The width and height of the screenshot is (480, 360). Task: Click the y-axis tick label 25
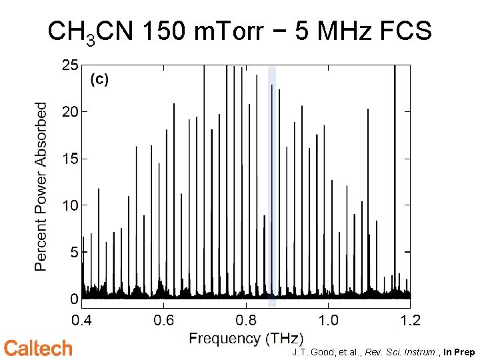coord(70,65)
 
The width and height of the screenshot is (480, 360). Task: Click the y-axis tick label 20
coord(70,112)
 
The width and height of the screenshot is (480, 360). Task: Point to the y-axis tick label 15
coord(70,159)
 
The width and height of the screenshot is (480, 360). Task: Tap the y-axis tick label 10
coord(70,205)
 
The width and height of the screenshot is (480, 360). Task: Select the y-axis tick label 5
coord(74,252)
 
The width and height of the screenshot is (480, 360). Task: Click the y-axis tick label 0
coord(74,299)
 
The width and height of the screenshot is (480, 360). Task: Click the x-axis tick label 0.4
coord(82,321)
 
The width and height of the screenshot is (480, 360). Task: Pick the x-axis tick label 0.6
coord(164,321)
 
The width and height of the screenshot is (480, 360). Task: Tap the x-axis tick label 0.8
coord(246,321)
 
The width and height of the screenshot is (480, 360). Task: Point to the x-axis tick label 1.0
coord(328,321)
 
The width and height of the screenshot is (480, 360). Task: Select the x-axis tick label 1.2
coord(410,321)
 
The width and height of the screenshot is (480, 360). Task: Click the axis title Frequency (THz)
coord(246,339)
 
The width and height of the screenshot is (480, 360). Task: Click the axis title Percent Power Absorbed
coord(41,186)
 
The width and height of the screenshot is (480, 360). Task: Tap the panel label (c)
coord(99,79)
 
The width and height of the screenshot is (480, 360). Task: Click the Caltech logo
coord(38,348)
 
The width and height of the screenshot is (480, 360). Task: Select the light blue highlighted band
coord(271,186)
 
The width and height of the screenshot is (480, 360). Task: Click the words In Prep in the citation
coord(459,351)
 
